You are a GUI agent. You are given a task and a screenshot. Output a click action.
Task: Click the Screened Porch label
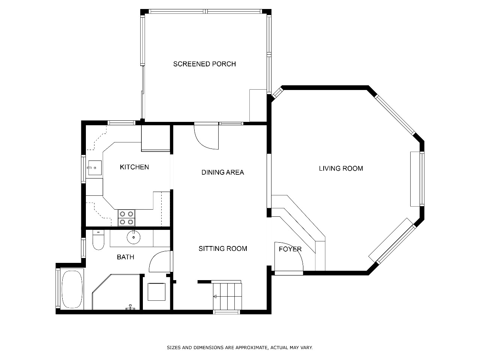204,64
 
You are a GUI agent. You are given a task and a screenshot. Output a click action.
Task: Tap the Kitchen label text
134,167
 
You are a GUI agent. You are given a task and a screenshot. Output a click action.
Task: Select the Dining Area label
223,172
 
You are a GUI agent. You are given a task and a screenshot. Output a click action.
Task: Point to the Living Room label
341,168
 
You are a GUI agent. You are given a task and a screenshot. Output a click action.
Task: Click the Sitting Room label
223,249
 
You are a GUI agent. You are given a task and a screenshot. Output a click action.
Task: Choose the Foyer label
290,249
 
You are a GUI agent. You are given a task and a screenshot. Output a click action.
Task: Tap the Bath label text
125,257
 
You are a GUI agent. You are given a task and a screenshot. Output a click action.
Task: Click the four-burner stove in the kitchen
126,218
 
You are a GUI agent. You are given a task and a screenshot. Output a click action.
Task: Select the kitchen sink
95,168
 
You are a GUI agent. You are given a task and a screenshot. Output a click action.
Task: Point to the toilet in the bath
98,240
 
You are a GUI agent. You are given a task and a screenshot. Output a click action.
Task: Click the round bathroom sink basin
133,237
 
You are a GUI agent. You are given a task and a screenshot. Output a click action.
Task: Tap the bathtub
72,289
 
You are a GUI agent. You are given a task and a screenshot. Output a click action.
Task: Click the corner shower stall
116,292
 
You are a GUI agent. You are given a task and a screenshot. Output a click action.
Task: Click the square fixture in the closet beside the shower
156,292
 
